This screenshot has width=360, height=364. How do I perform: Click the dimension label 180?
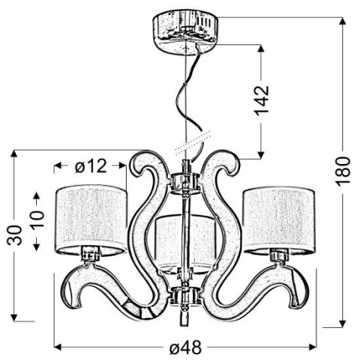(x=344, y=172)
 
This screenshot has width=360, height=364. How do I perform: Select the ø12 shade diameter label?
(x=91, y=166)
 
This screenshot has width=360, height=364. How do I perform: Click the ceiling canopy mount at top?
(x=181, y=27)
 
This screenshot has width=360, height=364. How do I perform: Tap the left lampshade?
(x=91, y=216)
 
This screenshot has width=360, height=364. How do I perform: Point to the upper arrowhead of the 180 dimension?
(x=343, y=22)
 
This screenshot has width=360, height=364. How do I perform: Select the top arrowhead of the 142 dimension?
(x=260, y=48)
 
